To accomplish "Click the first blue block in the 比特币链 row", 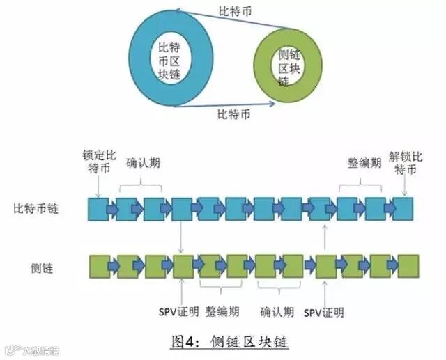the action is point(98,208).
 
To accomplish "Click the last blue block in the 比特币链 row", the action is point(402,208).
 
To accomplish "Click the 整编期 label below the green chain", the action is point(222,311).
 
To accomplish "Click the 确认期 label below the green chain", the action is point(277,311).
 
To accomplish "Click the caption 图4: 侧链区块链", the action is point(231,342).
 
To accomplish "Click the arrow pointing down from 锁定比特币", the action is point(98,187).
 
